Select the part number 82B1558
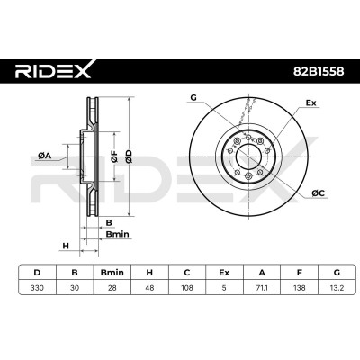(319, 71)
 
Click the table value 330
(37, 288)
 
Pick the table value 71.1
(262, 288)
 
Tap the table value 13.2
(337, 288)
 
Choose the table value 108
(187, 288)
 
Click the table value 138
(299, 288)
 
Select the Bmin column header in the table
(112, 273)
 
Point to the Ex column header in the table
(224, 273)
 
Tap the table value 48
(149, 288)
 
